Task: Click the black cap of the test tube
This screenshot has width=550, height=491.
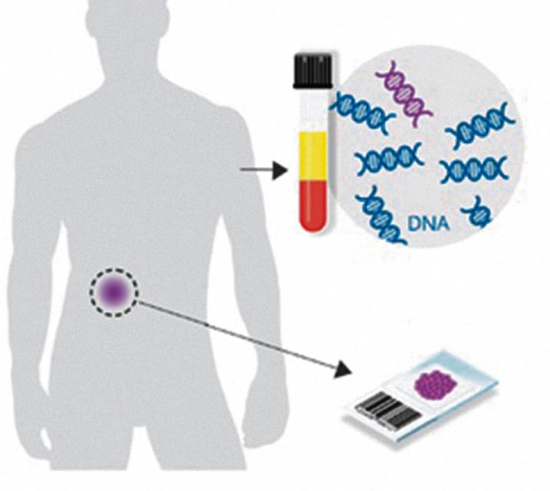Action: coord(311,71)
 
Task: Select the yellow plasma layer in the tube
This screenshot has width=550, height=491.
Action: coord(311,157)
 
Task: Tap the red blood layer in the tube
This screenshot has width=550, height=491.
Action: coord(311,204)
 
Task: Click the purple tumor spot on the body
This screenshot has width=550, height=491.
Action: coord(114,292)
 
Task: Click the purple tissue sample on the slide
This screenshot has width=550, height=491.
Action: coord(435,383)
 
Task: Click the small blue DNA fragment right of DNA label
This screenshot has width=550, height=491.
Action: coord(480,211)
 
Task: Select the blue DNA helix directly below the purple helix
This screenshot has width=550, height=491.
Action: coord(388,159)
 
